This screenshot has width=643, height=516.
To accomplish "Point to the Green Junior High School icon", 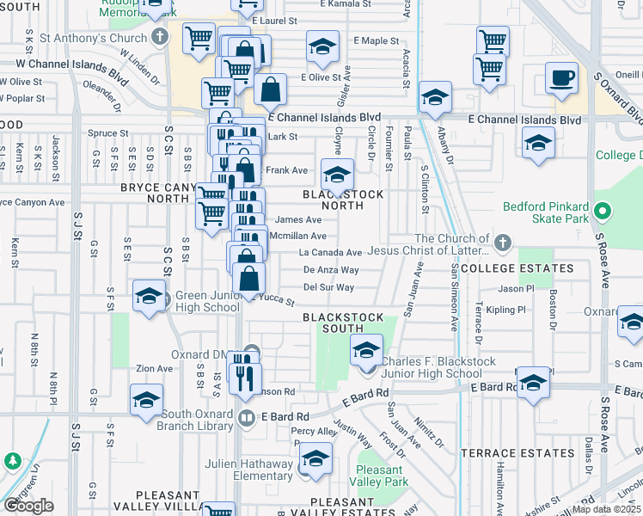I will click(x=149, y=296).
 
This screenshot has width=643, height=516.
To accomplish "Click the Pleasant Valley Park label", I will click(x=380, y=476).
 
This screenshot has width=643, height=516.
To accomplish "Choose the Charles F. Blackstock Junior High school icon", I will click(x=366, y=350).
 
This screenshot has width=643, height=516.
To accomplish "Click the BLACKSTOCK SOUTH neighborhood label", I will click(x=342, y=322).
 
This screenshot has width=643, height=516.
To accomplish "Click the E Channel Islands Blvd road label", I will click(x=324, y=117).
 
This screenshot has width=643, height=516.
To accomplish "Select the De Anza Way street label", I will click(x=331, y=270).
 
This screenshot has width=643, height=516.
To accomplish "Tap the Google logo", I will click(x=28, y=506).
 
